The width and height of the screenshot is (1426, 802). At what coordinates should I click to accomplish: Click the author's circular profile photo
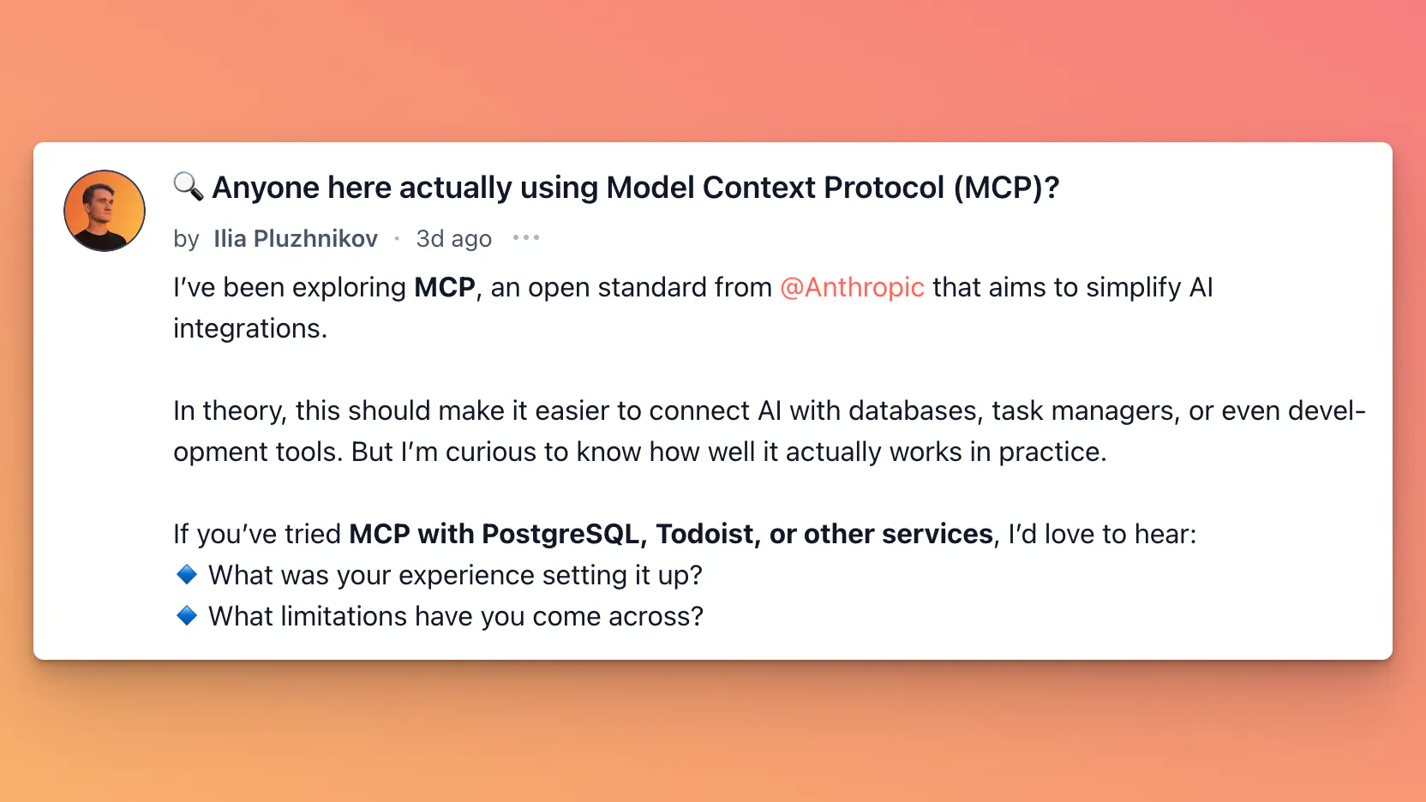[x=105, y=211]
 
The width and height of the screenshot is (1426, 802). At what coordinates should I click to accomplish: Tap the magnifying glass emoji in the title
[x=189, y=187]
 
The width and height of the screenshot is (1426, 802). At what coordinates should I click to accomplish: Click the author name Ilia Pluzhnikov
[x=296, y=239]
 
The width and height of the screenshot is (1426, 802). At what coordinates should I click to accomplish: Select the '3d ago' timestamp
[x=454, y=239]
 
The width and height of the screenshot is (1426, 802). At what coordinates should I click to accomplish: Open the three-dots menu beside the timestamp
[x=526, y=238]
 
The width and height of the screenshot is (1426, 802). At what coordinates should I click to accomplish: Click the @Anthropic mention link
[x=852, y=288]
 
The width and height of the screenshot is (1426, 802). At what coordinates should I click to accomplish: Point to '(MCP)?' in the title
[x=1006, y=188]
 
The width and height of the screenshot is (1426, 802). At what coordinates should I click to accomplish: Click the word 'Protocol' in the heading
[x=884, y=188]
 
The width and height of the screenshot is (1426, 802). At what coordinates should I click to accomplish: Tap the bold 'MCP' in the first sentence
[x=445, y=288]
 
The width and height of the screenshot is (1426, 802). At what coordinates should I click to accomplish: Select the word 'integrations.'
[x=250, y=329]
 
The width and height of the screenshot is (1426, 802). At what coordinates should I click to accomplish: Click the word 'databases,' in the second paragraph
[x=913, y=411]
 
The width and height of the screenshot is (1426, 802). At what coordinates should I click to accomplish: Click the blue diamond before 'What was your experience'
[x=187, y=575]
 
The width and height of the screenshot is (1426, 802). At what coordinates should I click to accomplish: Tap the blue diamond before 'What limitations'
[x=187, y=615]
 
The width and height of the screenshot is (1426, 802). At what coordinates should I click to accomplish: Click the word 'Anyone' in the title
[x=266, y=189]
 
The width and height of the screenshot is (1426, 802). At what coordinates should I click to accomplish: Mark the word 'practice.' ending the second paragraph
[x=1053, y=452]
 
